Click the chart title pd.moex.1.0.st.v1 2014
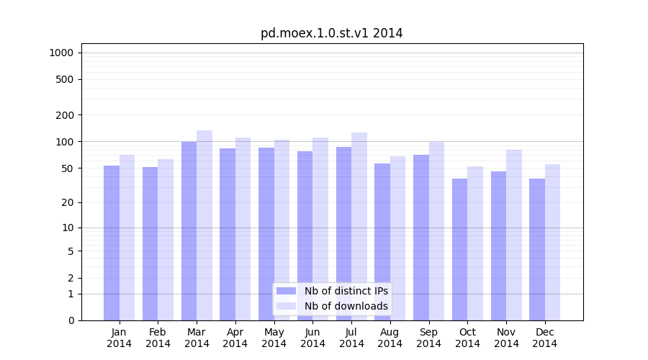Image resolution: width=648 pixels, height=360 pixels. [x=331, y=33]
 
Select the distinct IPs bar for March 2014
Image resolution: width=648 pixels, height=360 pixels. [x=189, y=230]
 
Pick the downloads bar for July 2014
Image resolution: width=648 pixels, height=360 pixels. [x=359, y=226]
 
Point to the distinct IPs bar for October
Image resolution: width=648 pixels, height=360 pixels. [x=459, y=249]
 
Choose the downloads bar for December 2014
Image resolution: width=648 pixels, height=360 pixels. [x=553, y=242]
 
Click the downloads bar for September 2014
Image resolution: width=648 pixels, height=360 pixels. [x=436, y=230]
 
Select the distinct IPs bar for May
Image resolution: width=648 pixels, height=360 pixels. [x=266, y=234]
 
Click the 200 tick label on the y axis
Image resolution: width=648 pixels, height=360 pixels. [x=66, y=115]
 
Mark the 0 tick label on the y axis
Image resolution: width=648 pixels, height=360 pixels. [x=71, y=320]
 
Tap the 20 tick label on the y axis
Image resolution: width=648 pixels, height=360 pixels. [x=68, y=202]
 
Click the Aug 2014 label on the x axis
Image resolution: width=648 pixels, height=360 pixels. [x=390, y=338]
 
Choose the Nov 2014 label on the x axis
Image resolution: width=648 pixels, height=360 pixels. [x=506, y=338]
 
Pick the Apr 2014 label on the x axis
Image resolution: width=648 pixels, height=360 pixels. [x=235, y=338]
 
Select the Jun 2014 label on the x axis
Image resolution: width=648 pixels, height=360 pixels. [x=312, y=338]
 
